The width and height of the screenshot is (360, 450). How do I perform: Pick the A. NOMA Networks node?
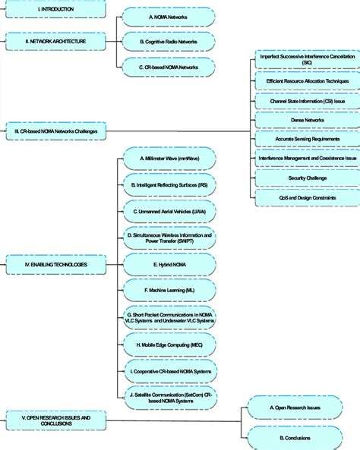pos(170,15)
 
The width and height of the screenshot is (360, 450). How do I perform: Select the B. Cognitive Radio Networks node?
pos(170,41)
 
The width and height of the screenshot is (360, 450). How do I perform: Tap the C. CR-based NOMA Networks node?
pos(170,67)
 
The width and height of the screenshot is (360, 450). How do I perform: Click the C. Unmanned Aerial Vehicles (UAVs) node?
pos(170,210)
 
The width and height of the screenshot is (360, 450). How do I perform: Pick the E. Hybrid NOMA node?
pos(170,263)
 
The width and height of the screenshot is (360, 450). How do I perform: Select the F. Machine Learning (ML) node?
pos(170,290)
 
